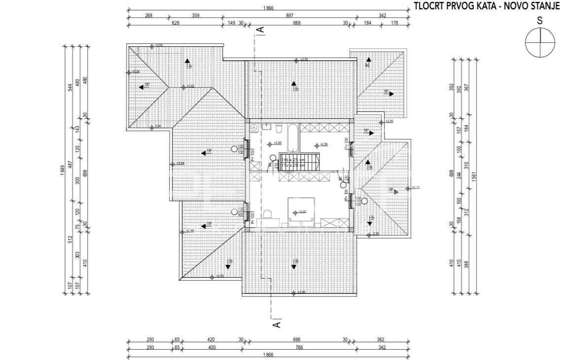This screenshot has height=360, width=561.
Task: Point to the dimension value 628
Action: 175,23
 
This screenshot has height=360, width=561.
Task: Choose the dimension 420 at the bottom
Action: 210,340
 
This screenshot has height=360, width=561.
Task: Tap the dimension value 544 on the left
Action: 70,88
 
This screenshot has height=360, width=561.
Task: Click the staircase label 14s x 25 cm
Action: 292,160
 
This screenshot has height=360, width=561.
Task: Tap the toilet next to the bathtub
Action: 279,129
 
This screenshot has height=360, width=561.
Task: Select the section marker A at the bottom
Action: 277,324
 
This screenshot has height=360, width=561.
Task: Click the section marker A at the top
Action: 262,30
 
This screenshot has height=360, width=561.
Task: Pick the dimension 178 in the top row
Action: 395,23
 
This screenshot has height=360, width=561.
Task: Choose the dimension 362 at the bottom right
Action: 380,340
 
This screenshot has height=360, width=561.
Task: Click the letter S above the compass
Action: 540,21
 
